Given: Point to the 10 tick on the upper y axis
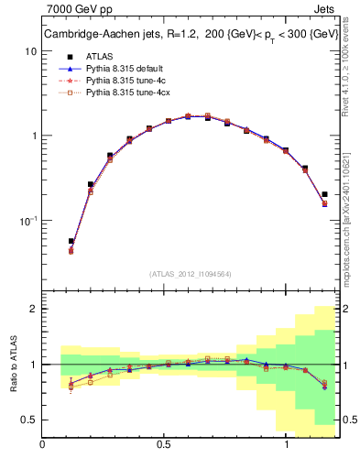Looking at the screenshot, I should pos(29,51).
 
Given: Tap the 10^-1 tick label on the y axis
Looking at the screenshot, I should pos(27,221).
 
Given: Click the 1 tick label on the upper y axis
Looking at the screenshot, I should pos(33,136).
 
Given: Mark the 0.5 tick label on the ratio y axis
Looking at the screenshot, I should pos(28,420).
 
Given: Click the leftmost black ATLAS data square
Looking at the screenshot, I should pos(71,242).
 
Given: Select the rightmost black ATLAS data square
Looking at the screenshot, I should pos(324,194).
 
